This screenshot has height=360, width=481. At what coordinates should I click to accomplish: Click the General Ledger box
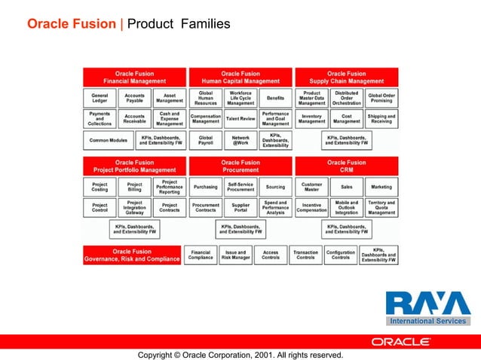pyautogui.click(x=99, y=98)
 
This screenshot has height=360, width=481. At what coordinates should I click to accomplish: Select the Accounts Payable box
pyautogui.click(x=134, y=98)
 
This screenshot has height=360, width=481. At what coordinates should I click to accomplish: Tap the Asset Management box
pyautogui.click(x=169, y=98)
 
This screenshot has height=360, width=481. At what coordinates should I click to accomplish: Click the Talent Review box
pyautogui.click(x=240, y=118)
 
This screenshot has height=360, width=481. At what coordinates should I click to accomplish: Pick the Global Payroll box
pyautogui.click(x=205, y=140)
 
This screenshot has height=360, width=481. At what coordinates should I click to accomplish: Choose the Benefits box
pyautogui.click(x=275, y=98)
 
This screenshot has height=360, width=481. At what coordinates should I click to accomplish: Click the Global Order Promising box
pyautogui.click(x=381, y=98)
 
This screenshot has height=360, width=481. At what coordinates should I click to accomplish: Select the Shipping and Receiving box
pyautogui.click(x=381, y=118)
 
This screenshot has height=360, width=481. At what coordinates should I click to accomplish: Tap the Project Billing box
pyautogui.click(x=134, y=187)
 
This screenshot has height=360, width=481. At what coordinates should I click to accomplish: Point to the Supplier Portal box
pyautogui.click(x=240, y=207)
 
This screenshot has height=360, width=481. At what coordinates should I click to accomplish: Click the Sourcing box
pyautogui.click(x=275, y=187)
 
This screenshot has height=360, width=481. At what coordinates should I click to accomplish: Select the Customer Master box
pyautogui.click(x=311, y=187)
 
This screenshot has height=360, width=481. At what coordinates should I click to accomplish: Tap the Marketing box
pyautogui.click(x=381, y=187)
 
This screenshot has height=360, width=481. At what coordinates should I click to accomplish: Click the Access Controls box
pyautogui.click(x=271, y=255)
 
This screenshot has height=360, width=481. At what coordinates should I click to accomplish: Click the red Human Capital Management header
pyautogui.click(x=240, y=77)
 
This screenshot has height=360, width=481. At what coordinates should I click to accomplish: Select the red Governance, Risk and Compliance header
pyautogui.click(x=132, y=255)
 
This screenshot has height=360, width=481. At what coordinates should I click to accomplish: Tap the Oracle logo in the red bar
pyautogui.click(x=400, y=341)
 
